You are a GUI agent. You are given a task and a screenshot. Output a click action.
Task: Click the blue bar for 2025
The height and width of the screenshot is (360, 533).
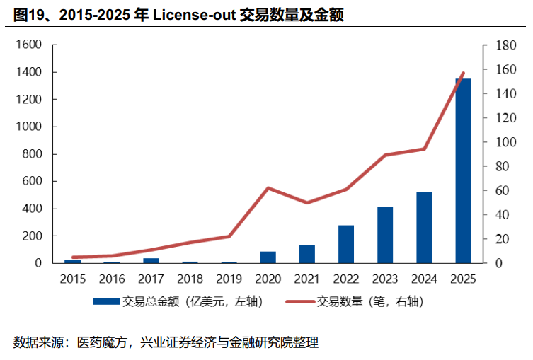pyautogui.click(x=463, y=170)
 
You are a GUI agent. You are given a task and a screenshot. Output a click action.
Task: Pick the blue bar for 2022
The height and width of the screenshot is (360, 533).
pyautogui.click(x=346, y=244)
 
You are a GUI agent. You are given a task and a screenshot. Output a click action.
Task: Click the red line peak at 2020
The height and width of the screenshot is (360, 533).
pyautogui.click(x=268, y=188)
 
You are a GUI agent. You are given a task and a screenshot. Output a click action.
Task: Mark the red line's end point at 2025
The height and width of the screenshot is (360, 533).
pyautogui.click(x=463, y=73)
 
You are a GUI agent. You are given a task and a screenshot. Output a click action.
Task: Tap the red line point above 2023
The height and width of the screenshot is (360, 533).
pyautogui.click(x=385, y=155)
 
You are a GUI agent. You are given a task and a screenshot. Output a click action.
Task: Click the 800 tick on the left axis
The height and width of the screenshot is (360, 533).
pyautogui.click(x=32, y=154)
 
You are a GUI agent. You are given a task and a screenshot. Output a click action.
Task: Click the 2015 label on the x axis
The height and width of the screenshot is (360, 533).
pyautogui.click(x=73, y=279)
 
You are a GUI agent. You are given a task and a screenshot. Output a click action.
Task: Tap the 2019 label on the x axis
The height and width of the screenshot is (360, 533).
pyautogui.click(x=229, y=279)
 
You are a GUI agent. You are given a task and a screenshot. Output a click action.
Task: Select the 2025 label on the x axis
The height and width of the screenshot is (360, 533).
pyautogui.click(x=463, y=279)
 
